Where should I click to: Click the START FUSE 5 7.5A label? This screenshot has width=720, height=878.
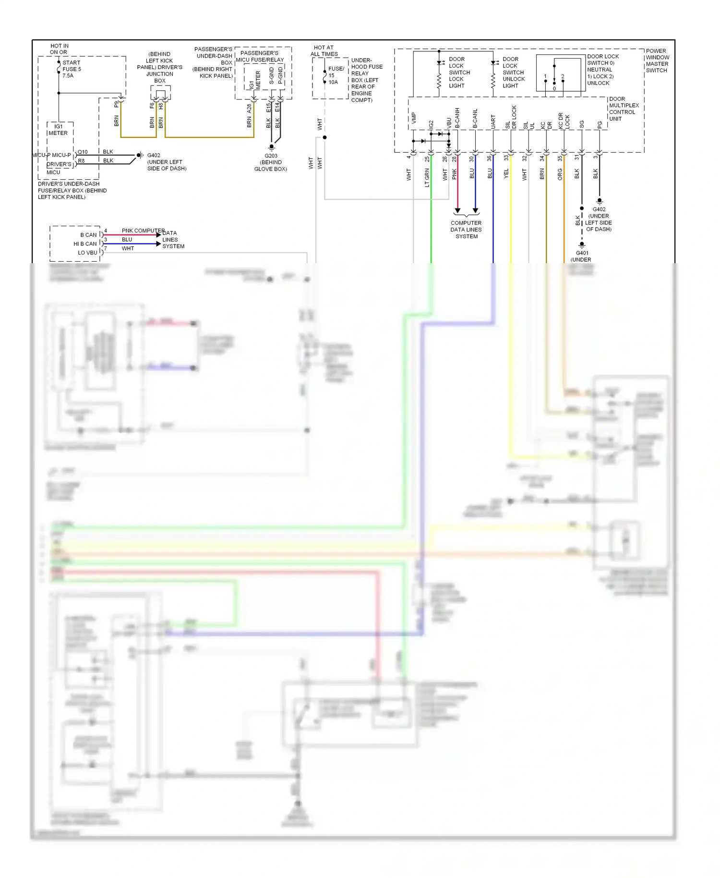click(72, 69)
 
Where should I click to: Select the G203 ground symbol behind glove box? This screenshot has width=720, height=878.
click(271, 147)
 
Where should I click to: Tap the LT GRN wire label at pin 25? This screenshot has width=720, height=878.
click(427, 177)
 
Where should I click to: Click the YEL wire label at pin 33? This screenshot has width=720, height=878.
click(506, 174)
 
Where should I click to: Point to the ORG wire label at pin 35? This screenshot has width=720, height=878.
click(560, 174)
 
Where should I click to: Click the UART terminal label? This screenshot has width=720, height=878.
click(493, 121)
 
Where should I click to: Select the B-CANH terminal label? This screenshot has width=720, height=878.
click(457, 118)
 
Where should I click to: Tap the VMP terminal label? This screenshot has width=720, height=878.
click(414, 118)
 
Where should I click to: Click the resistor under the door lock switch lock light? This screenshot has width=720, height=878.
click(439, 81)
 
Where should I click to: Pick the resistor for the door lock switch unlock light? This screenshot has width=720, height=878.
click(492, 81)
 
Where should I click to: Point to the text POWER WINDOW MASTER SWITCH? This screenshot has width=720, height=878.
click(657, 61)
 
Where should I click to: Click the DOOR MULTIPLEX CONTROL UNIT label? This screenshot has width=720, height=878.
click(624, 109)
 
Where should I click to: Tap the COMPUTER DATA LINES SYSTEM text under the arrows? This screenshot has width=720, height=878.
click(466, 230)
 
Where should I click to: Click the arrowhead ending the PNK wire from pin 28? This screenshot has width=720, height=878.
click(457, 211)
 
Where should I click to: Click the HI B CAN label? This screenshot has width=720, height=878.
click(85, 244)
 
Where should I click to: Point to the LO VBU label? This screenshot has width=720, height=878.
click(87, 253)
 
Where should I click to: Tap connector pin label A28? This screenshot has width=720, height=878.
click(249, 109)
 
